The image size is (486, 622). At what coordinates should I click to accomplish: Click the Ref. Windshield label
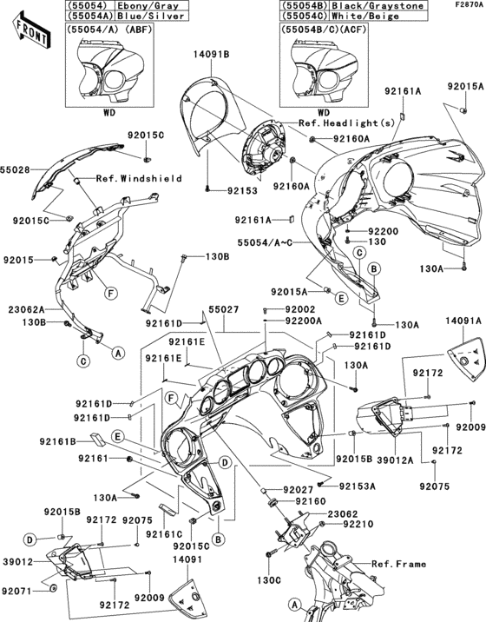point(139,179)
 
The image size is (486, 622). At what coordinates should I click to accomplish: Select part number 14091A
point(463,322)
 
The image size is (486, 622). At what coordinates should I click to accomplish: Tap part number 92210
point(357,525)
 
